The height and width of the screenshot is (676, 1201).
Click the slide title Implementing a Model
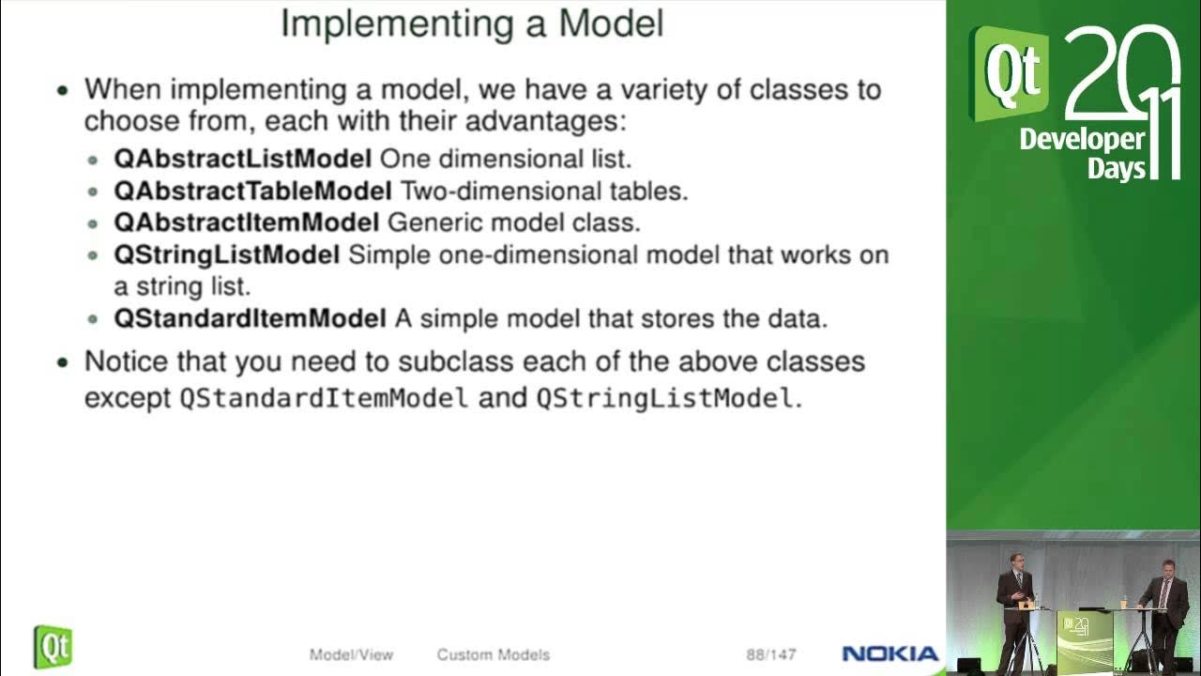(x=472, y=23)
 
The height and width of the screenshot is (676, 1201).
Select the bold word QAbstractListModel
(x=243, y=159)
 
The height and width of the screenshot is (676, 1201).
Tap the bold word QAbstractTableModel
(x=252, y=191)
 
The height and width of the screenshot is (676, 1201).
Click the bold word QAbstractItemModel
(x=246, y=223)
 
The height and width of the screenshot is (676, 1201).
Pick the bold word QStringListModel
(x=226, y=254)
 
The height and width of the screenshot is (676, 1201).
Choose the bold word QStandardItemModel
(x=250, y=318)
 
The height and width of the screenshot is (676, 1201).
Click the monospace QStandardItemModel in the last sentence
(x=324, y=398)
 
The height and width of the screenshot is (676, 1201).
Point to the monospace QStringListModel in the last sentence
(x=664, y=398)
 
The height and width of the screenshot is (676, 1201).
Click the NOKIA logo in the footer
(x=889, y=654)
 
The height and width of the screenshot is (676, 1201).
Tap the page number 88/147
(x=770, y=654)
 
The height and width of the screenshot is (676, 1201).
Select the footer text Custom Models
(x=493, y=654)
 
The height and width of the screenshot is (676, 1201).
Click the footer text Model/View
(x=351, y=654)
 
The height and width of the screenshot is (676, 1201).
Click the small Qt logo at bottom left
(x=53, y=647)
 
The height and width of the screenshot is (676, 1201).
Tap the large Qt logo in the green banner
(x=1008, y=73)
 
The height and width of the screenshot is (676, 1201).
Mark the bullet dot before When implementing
(x=63, y=91)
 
